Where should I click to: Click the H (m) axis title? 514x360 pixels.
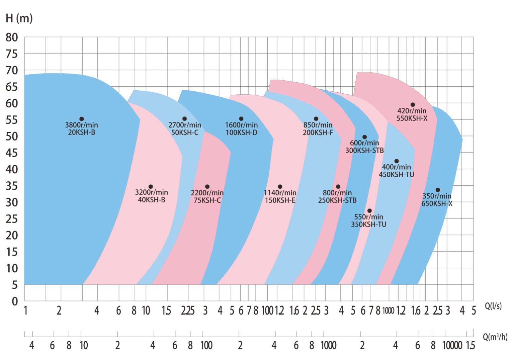point(19,18)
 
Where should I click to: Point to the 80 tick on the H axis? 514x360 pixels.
point(12,37)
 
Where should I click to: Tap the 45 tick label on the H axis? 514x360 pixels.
point(12,153)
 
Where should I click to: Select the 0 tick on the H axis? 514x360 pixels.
point(14,301)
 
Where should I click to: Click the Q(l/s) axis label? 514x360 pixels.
point(493,306)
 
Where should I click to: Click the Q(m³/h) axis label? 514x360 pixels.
point(495,337)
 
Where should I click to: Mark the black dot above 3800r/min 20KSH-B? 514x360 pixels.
point(81,119)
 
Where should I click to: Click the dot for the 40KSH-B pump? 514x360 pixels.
point(151,187)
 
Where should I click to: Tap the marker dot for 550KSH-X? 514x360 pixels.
point(413,105)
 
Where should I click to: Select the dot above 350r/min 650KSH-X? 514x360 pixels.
point(438,190)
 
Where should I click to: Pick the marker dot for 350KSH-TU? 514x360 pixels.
point(369,211)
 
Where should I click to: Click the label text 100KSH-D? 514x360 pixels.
point(241,132)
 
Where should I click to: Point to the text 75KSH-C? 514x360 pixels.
point(207,200)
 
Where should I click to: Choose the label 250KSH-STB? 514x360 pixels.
point(337,200)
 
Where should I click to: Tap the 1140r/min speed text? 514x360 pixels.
point(280,193)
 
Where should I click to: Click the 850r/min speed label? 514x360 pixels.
point(318,125)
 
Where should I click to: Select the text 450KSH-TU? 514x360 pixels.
point(397,174)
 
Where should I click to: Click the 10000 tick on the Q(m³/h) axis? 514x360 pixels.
point(452,346)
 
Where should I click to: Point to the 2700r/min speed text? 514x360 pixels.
point(185,125)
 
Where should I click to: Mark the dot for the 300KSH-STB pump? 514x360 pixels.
point(364,137)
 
